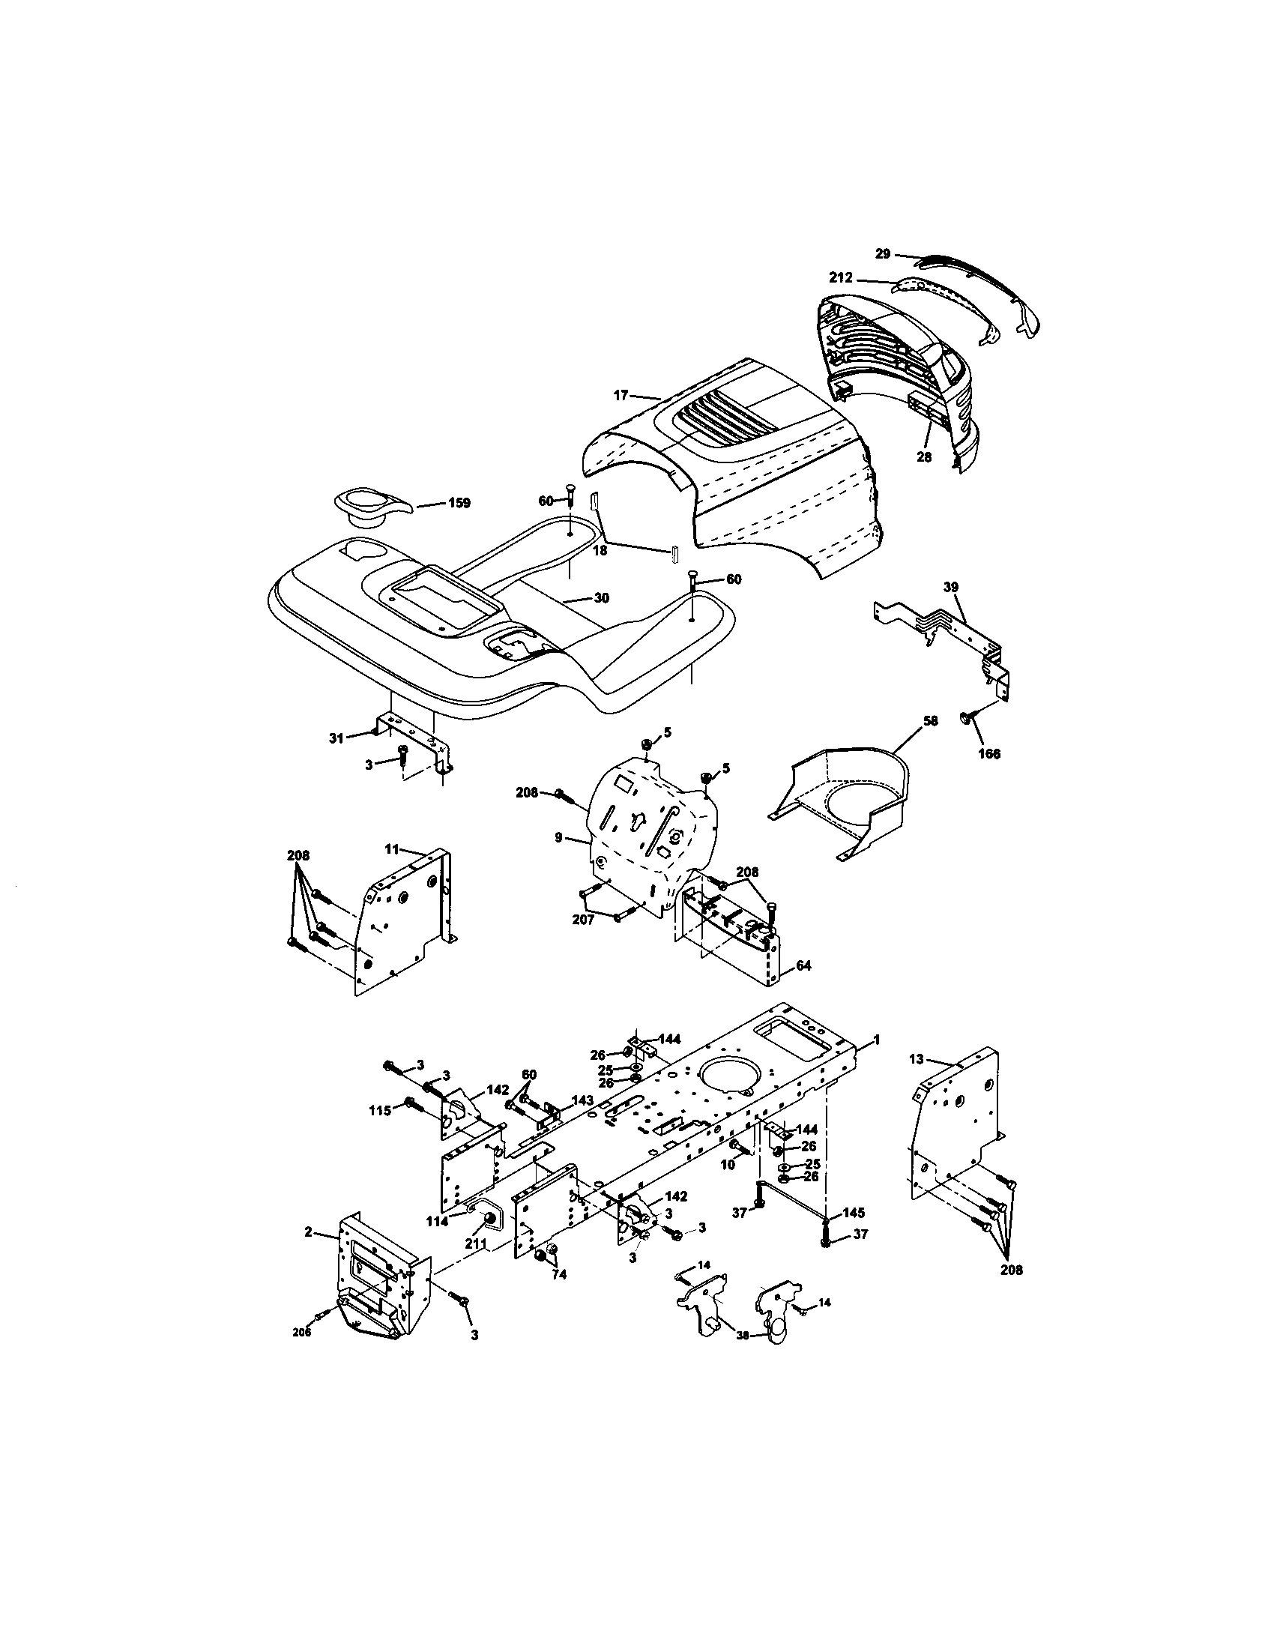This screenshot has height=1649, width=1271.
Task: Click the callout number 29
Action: point(883,254)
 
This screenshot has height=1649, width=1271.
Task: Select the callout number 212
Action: point(841,278)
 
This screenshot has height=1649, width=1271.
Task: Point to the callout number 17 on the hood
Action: point(621,394)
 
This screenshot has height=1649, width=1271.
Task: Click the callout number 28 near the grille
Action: point(924,456)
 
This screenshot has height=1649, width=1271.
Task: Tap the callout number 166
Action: point(988,753)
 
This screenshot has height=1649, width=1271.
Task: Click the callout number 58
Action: point(930,721)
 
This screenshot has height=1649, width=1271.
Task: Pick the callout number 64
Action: point(803,965)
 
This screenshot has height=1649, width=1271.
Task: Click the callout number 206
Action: point(301,1333)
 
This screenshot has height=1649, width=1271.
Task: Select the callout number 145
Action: point(854,1213)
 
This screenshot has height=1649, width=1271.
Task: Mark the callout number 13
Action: point(916,1059)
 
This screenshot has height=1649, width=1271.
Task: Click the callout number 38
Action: point(743,1335)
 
